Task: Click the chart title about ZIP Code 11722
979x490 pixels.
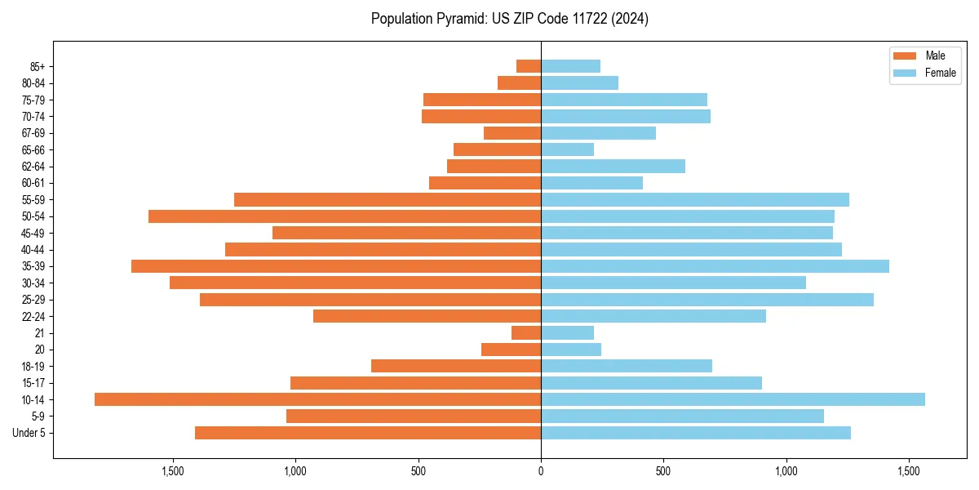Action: [x=509, y=19]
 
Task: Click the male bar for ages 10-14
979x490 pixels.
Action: [x=317, y=399]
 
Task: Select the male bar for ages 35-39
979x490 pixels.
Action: [x=336, y=266]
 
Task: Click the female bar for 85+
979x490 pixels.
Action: [x=570, y=66]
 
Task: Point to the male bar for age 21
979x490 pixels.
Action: [x=526, y=332]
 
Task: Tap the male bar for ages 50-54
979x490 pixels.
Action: [x=344, y=216]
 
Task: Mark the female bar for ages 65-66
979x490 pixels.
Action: [x=567, y=149]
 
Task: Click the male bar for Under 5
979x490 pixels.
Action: [x=368, y=433]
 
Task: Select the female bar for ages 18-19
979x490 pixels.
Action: [x=627, y=366]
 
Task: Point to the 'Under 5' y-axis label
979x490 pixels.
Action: [x=29, y=433]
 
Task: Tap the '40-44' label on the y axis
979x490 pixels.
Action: [x=33, y=249]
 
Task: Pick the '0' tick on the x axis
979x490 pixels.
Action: [x=541, y=470]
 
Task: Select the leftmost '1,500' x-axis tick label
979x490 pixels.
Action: [x=173, y=470]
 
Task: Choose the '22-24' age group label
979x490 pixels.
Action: [x=33, y=316]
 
